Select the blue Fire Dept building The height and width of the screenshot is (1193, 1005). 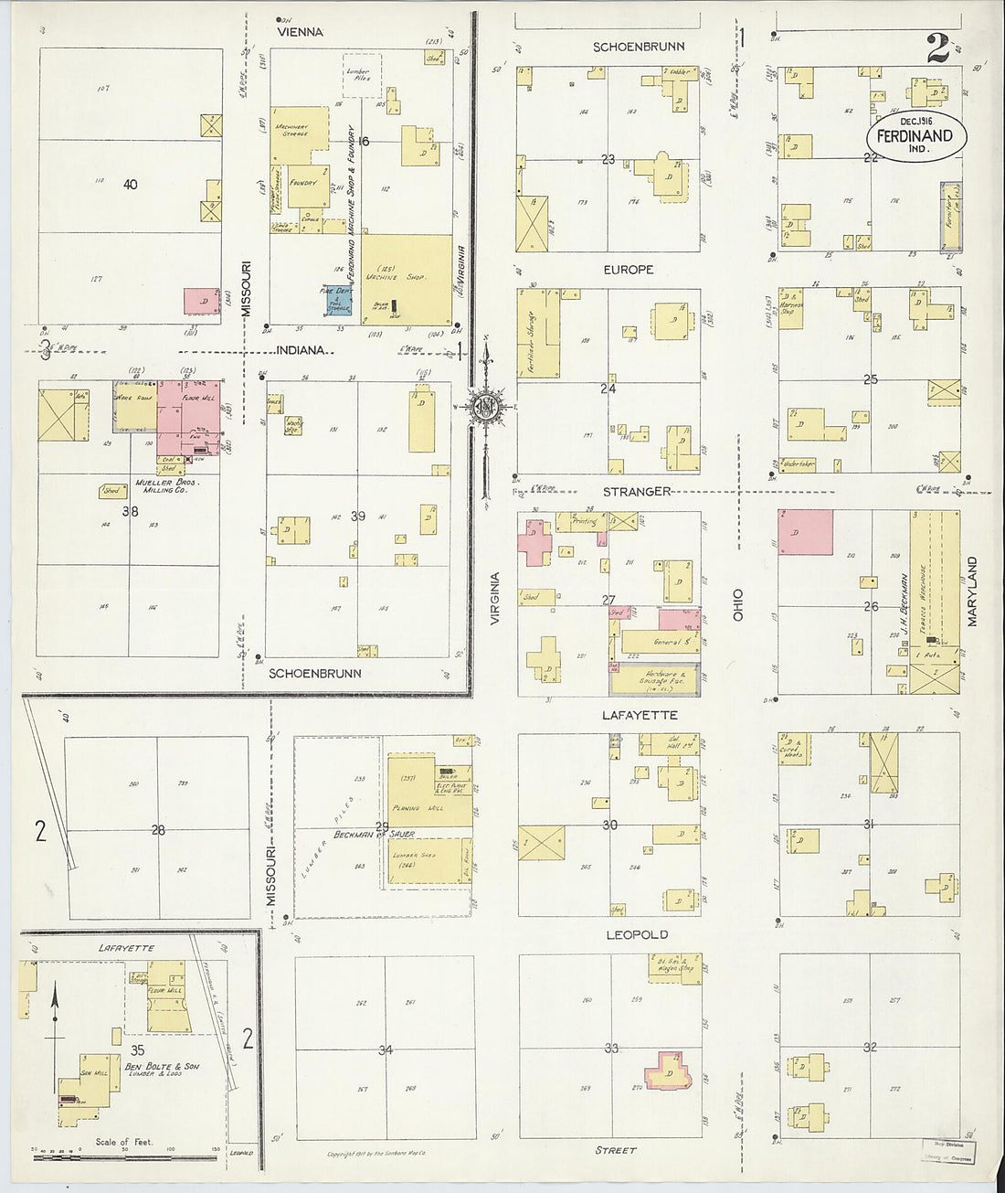336,299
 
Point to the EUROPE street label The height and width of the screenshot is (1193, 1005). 629,270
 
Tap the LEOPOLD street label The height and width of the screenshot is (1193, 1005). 637,934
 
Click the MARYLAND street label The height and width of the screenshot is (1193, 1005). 973,591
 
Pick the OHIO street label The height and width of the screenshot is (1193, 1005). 738,605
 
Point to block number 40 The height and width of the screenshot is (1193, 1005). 130,185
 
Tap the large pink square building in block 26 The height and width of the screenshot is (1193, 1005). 806,532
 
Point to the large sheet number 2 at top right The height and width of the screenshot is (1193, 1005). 938,49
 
